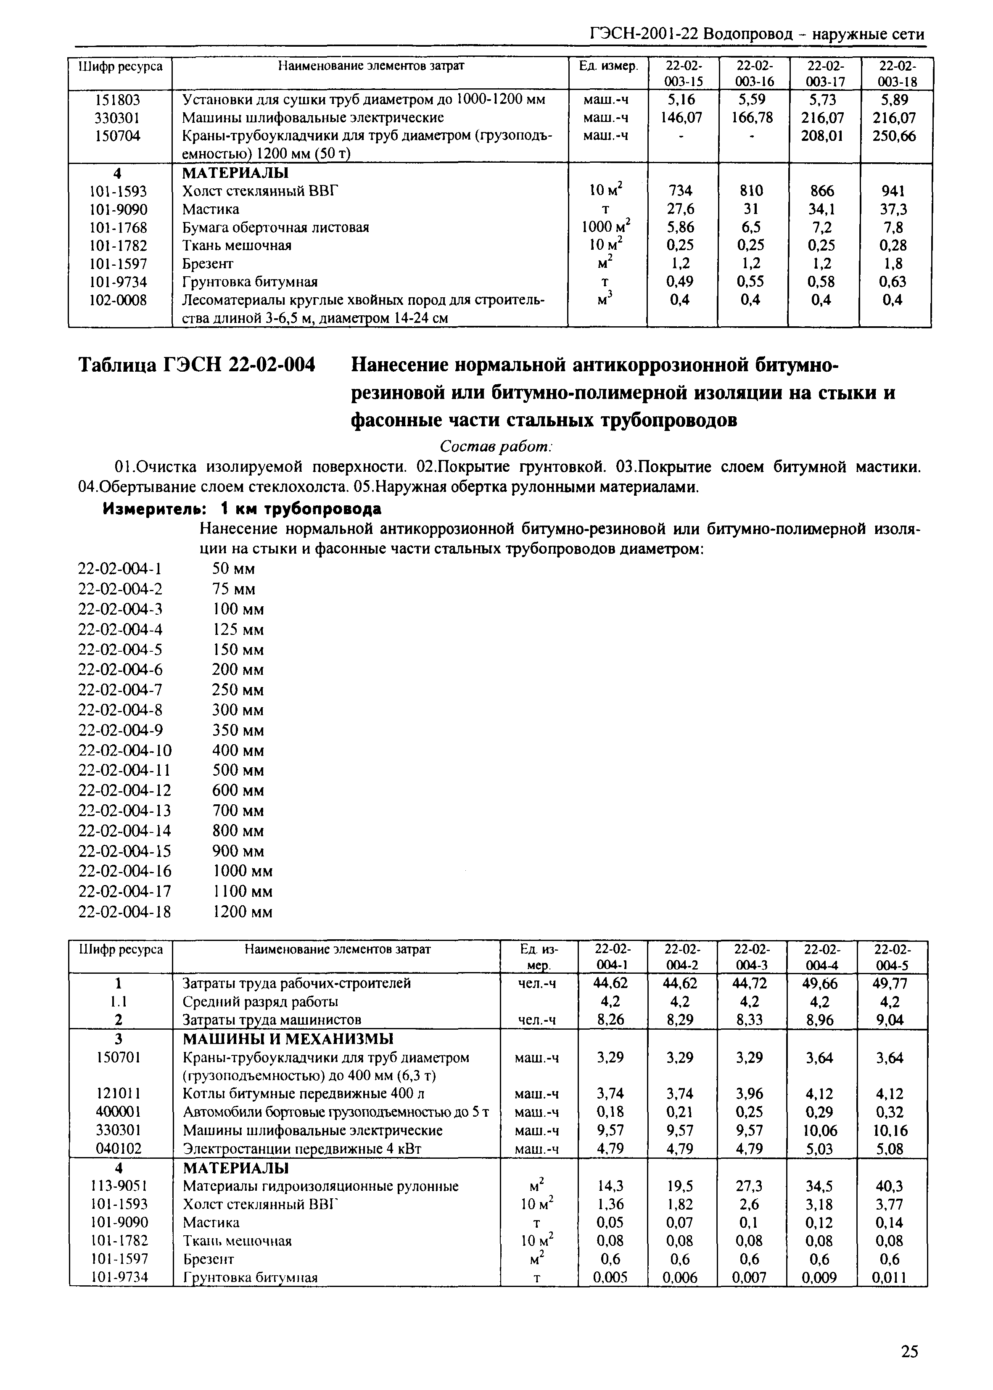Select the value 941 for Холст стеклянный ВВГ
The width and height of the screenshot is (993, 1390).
895,191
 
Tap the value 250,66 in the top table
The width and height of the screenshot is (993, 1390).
895,136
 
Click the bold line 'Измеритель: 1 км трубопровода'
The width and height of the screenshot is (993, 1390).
242,509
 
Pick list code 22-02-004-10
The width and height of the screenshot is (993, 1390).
125,750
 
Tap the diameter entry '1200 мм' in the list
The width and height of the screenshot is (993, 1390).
242,912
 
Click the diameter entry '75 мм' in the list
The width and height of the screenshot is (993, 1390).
234,589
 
